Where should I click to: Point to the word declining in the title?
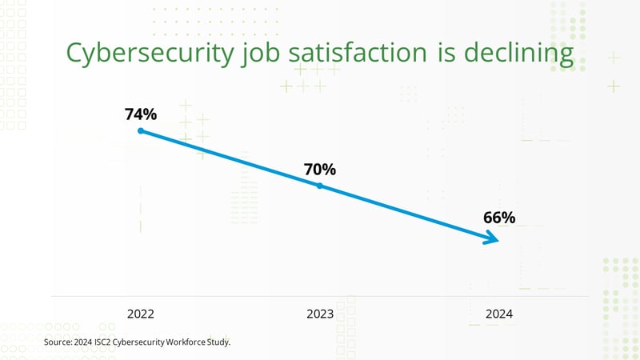pyautogui.click(x=522, y=54)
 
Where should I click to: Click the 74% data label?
pyautogui.click(x=140, y=114)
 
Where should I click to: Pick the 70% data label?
pyautogui.click(x=319, y=170)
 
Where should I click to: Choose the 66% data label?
pyautogui.click(x=499, y=218)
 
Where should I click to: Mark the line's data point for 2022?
pyautogui.click(x=140, y=130)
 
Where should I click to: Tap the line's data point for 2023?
pyautogui.click(x=319, y=186)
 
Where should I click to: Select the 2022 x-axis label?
pyautogui.click(x=140, y=314)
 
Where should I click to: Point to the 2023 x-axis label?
pyautogui.click(x=319, y=314)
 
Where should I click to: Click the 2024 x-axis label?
pyautogui.click(x=498, y=314)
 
